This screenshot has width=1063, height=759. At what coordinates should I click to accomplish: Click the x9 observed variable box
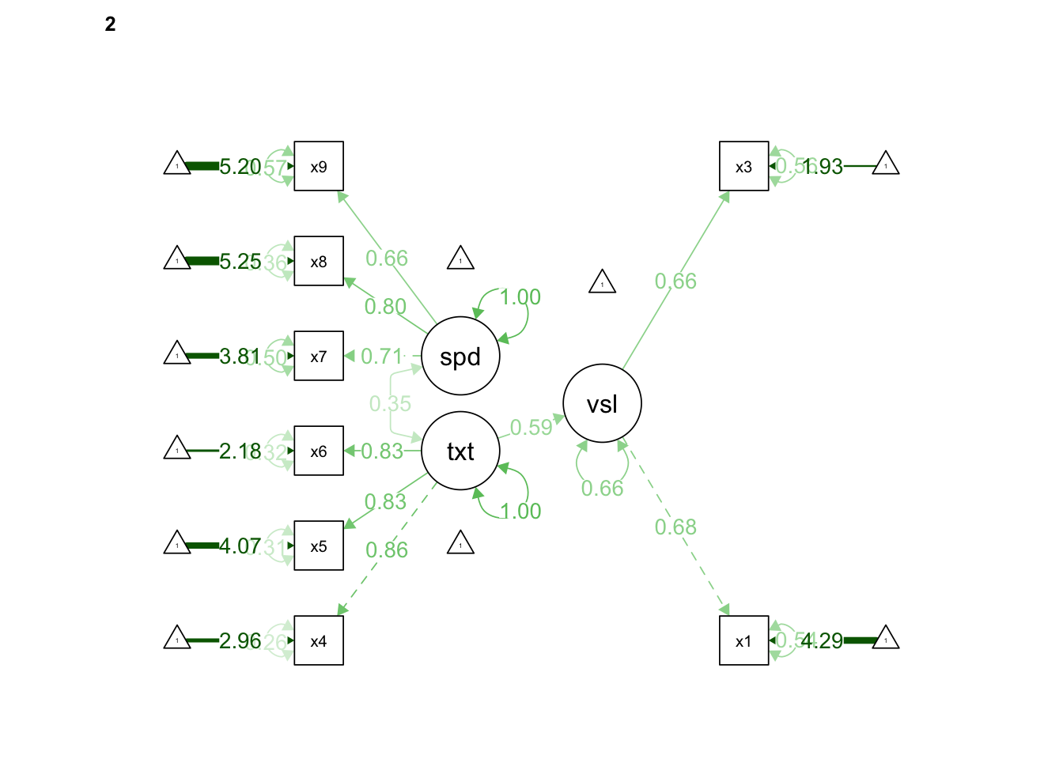[319, 166]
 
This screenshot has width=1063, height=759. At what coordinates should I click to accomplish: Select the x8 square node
[319, 261]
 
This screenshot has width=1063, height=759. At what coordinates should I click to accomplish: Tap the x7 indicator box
[319, 356]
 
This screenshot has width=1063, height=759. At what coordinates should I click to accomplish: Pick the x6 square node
[319, 451]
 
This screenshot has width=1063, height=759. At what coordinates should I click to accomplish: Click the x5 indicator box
[319, 546]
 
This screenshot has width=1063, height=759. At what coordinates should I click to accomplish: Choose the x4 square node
[319, 640]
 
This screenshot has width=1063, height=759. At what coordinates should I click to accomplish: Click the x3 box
[743, 166]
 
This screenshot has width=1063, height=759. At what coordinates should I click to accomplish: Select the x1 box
[743, 640]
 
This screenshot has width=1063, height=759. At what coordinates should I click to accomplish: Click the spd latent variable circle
[460, 356]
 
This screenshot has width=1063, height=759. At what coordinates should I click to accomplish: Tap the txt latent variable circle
[460, 451]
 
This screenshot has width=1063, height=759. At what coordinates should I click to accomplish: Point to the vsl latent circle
[602, 403]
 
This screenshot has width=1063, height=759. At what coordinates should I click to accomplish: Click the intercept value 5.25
[240, 262]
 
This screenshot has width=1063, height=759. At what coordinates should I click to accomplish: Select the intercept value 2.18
[239, 451]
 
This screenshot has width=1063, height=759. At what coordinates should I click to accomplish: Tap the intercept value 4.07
[239, 546]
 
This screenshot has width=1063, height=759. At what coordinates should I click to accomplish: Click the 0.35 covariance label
[390, 404]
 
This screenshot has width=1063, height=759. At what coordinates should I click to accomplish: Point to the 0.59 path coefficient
[531, 428]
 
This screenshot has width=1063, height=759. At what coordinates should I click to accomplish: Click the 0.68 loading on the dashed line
[675, 527]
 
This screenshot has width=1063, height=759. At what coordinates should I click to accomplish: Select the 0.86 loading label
[387, 550]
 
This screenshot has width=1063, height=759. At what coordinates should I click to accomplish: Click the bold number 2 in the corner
[110, 25]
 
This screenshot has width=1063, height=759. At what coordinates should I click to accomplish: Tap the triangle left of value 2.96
[177, 638]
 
